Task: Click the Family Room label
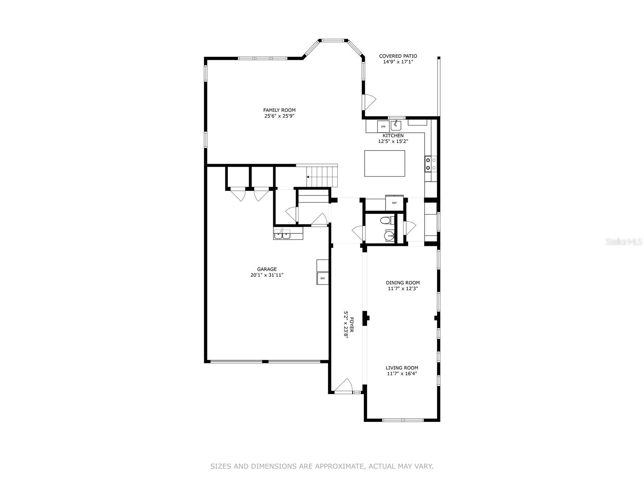tap(279, 110)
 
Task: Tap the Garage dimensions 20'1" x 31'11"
tap(267, 275)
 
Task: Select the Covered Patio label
tap(398, 56)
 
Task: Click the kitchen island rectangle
tap(384, 163)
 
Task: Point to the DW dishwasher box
tap(383, 126)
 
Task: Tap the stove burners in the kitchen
tap(431, 163)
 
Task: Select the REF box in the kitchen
tap(394, 203)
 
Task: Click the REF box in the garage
tap(322, 278)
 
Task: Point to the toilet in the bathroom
tap(385, 220)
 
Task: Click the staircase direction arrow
tap(309, 177)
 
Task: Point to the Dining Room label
tap(402, 283)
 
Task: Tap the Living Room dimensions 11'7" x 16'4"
tap(402, 374)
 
